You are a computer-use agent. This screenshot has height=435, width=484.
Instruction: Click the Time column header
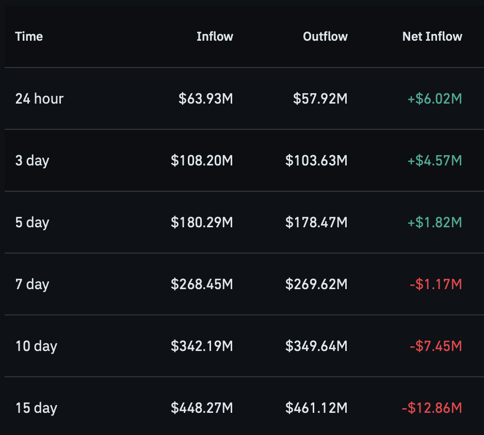pyautogui.click(x=29, y=37)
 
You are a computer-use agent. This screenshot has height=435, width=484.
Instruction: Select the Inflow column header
pyautogui.click(x=215, y=37)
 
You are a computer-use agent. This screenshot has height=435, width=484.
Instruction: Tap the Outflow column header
pyautogui.click(x=326, y=37)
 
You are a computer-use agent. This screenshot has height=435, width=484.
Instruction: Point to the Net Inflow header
pyautogui.click(x=432, y=37)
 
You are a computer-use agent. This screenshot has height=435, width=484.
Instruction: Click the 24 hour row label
pyautogui.click(x=39, y=98)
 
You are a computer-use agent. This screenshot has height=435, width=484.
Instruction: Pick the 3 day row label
pyautogui.click(x=32, y=161)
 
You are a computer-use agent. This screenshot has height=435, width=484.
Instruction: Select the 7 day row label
pyautogui.click(x=32, y=285)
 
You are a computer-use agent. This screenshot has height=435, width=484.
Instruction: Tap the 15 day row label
pyautogui.click(x=37, y=408)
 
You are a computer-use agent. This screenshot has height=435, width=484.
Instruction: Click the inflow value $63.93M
pyautogui.click(x=205, y=98)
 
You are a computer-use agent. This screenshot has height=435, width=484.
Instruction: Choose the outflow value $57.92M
pyautogui.click(x=320, y=98)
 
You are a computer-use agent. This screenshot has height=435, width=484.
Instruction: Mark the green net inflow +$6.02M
pyautogui.click(x=434, y=98)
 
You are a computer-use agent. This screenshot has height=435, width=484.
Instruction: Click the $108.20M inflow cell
pyautogui.click(x=202, y=161)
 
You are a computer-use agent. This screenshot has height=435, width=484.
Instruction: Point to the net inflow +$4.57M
pyautogui.click(x=434, y=161)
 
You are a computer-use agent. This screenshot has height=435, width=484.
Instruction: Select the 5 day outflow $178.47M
pyautogui.click(x=316, y=222)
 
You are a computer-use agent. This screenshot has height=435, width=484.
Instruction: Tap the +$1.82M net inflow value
pyautogui.click(x=434, y=222)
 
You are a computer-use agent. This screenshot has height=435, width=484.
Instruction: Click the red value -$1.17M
pyautogui.click(x=436, y=285)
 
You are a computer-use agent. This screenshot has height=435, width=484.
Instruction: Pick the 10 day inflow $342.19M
pyautogui.click(x=202, y=346)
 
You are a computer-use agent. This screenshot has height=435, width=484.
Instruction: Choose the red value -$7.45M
pyautogui.click(x=436, y=346)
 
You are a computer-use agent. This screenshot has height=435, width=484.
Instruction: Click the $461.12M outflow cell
pyautogui.click(x=316, y=408)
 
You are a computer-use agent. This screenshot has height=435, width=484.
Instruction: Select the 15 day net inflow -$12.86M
pyautogui.click(x=432, y=408)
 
